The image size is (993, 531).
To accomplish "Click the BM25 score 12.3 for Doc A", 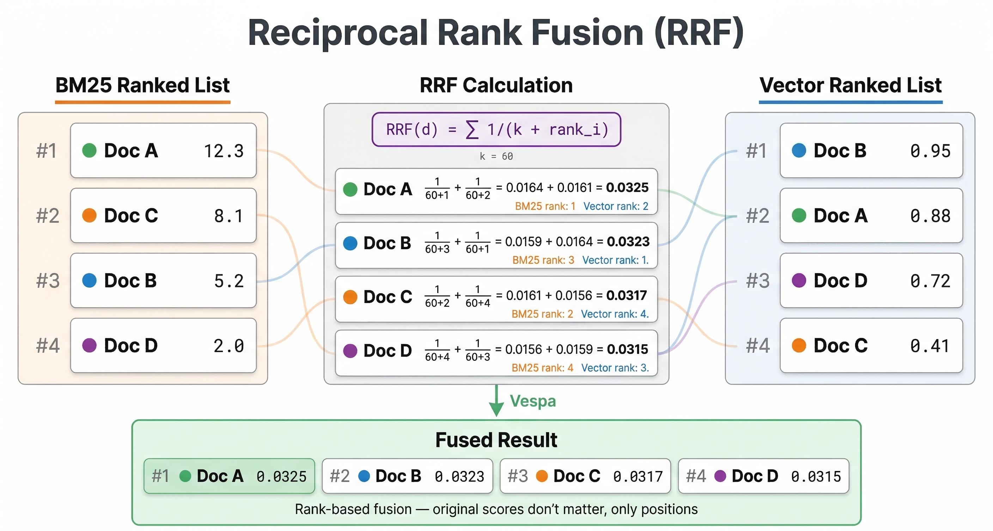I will (x=224, y=151).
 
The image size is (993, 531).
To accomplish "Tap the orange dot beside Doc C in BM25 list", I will (x=89, y=215).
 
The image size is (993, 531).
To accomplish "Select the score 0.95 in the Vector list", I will (x=930, y=151).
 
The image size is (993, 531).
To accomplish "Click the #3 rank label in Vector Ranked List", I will (x=757, y=281).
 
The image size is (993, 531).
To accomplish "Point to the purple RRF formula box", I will (x=496, y=130).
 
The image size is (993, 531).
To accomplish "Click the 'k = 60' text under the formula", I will (x=496, y=156).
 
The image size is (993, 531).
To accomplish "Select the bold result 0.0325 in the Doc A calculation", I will (x=627, y=187).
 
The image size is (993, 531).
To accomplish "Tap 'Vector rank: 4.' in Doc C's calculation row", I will (x=615, y=314).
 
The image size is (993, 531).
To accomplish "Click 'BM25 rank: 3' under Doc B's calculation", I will (x=543, y=260).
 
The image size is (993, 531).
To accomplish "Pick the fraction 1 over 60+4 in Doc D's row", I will (x=437, y=350).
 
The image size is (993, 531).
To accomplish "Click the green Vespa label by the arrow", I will (x=533, y=401).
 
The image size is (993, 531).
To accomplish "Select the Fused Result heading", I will (x=496, y=440).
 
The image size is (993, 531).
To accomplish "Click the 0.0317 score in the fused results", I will (x=638, y=477).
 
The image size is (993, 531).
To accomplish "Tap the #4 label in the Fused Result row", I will (x=696, y=476).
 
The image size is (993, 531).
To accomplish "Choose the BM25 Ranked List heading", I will (x=142, y=85).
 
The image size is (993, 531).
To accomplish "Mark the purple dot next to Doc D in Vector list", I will (x=799, y=281).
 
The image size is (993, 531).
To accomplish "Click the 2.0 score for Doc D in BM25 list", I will (x=229, y=346).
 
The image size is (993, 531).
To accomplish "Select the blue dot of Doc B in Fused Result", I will (x=364, y=476).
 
